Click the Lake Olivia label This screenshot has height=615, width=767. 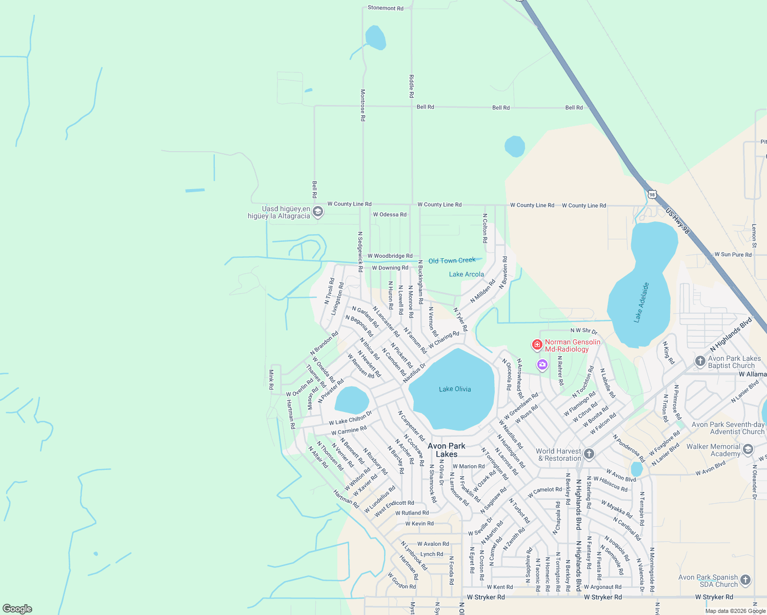pyautogui.click(x=455, y=389)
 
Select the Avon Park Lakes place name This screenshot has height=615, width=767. pyautogui.click(x=447, y=450)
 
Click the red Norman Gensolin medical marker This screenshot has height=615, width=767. pyautogui.click(x=537, y=345)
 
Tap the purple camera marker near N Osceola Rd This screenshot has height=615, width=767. pyautogui.click(x=542, y=365)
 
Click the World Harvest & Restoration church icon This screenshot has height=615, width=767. pyautogui.click(x=589, y=454)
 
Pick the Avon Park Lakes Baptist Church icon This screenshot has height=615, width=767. pyautogui.click(x=700, y=361)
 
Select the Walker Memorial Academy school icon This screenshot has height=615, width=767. pyautogui.click(x=748, y=450)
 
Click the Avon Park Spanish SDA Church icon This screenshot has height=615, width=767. pyautogui.click(x=745, y=580)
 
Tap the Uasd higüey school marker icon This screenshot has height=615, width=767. pyautogui.click(x=318, y=212)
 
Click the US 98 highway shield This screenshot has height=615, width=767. pyautogui.click(x=652, y=194)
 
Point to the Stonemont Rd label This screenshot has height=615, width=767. pyautogui.click(x=386, y=8)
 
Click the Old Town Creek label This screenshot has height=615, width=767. pyautogui.click(x=452, y=261)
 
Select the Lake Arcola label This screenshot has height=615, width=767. pyautogui.click(x=466, y=274)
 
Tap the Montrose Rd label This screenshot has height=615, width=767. pyautogui.click(x=363, y=105)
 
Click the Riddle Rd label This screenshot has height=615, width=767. pyautogui.click(x=411, y=86)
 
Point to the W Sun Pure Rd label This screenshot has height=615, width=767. pyautogui.click(x=733, y=255)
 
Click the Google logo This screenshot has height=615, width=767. pyautogui.click(x=17, y=608)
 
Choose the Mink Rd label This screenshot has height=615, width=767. pyautogui.click(x=271, y=379)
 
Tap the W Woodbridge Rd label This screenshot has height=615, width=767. pyautogui.click(x=390, y=256)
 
